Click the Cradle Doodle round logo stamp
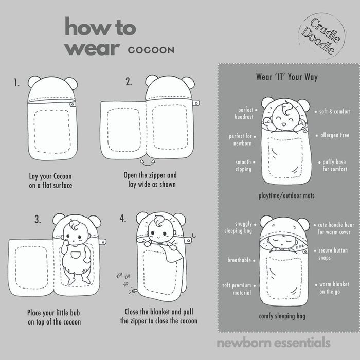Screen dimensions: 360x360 pyautogui.click(x=322, y=37)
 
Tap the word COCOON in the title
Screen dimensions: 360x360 pyautogui.click(x=151, y=50)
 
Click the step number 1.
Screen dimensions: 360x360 pyautogui.click(x=16, y=83)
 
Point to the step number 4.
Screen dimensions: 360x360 pyautogui.click(x=122, y=218)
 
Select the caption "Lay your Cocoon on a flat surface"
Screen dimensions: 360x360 pyautogui.click(x=50, y=181)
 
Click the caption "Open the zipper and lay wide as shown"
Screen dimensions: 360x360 pyautogui.click(x=150, y=179)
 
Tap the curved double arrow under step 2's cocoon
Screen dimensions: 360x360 pyautogui.click(x=148, y=163)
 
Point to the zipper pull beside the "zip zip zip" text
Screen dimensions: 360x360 pyautogui.click(x=134, y=291)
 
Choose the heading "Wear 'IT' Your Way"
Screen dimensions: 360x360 pyautogui.click(x=287, y=77)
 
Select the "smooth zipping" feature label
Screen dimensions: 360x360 pyautogui.click(x=243, y=166)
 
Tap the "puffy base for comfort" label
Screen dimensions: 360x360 pyautogui.click(x=334, y=165)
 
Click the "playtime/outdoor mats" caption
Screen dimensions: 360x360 pyautogui.click(x=286, y=196)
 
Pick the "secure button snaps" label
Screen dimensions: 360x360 pyautogui.click(x=333, y=254)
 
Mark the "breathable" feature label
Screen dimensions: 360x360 pyautogui.click(x=239, y=260)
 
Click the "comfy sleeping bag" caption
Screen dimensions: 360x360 pyautogui.click(x=282, y=316)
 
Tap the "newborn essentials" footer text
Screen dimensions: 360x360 pyautogui.click(x=274, y=343)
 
